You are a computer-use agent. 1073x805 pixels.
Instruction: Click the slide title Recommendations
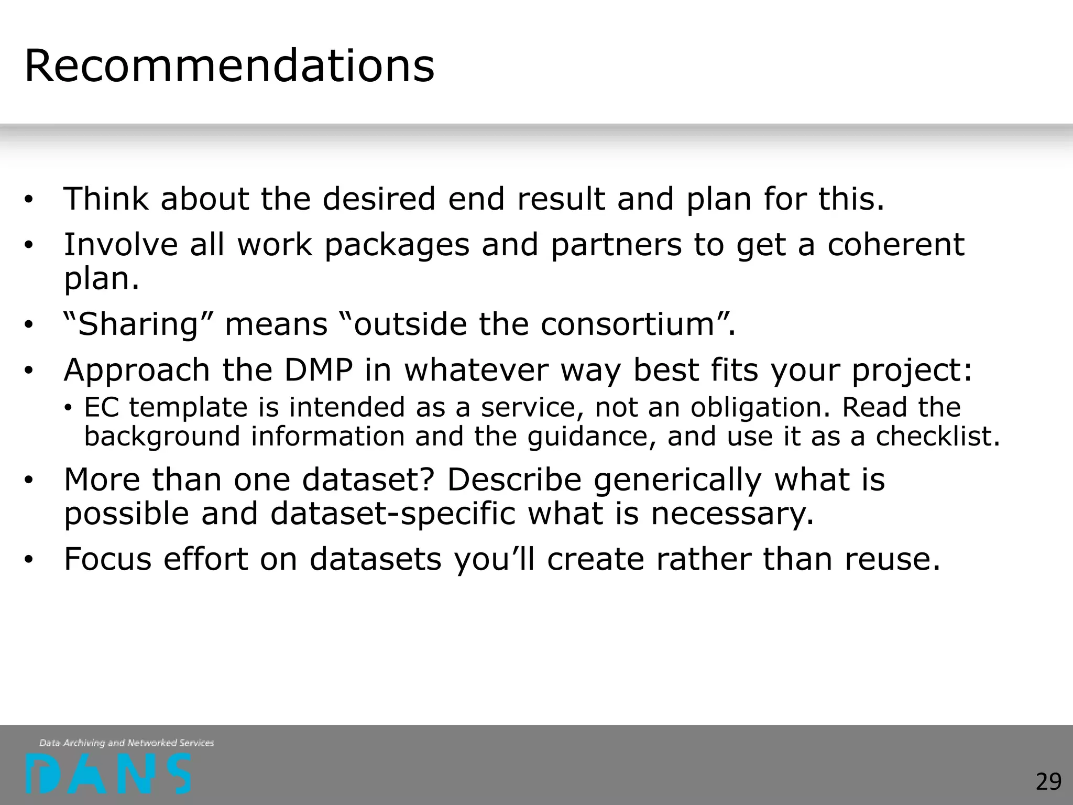[x=229, y=66]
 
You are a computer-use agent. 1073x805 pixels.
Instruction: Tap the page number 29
[x=1048, y=782]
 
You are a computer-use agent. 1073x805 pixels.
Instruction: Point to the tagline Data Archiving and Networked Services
[x=126, y=743]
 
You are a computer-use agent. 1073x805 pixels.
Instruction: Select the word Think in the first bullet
[x=105, y=199]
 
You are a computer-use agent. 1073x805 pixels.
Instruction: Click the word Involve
[x=121, y=245]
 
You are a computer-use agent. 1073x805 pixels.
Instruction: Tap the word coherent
[x=895, y=245]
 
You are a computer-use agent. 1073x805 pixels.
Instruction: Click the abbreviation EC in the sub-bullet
[x=102, y=407]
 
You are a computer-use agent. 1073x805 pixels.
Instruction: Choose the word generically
[x=677, y=480]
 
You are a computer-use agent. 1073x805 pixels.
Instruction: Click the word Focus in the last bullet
[x=107, y=559]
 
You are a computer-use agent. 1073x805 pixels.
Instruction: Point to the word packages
[x=397, y=245]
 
